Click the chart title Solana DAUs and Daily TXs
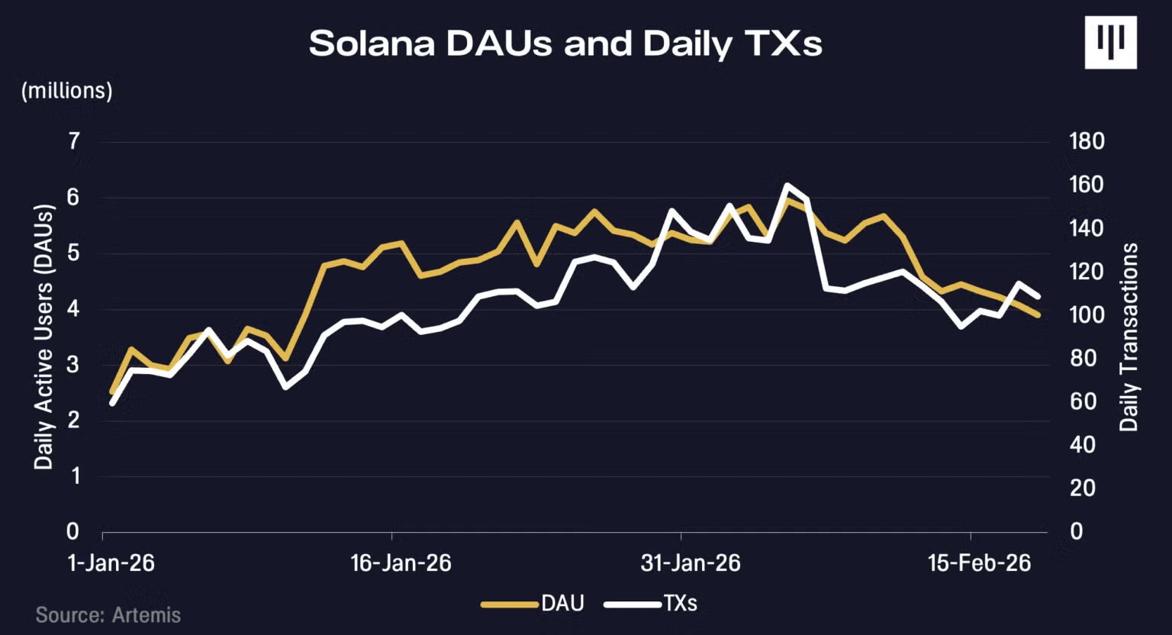point(565,44)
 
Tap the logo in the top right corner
point(1110,43)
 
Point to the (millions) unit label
point(67,91)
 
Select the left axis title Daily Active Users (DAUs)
point(44,337)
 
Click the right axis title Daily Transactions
point(1129,337)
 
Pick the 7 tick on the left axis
point(74,141)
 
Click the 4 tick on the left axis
point(73,309)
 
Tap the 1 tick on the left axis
point(73,476)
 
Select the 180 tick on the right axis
point(1087,141)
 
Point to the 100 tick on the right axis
point(1087,314)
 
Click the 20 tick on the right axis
point(1082,488)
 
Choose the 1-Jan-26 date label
point(111,563)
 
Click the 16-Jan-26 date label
point(401,563)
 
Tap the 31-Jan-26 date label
point(691,563)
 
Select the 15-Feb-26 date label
point(979,563)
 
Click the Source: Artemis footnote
point(108,615)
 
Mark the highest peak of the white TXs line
point(787,185)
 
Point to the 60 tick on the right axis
point(1082,401)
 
